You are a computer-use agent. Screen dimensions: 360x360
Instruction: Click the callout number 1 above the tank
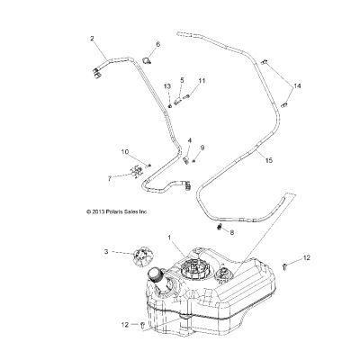click(169, 238)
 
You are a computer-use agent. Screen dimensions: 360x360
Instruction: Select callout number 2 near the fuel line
click(92, 39)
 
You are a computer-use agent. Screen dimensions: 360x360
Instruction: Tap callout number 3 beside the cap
click(106, 252)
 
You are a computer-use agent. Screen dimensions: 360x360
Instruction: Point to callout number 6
click(158, 44)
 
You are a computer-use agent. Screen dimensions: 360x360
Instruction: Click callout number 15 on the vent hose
click(269, 160)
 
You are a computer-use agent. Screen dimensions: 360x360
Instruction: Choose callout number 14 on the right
click(297, 86)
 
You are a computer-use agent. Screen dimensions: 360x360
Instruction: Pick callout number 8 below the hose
click(231, 232)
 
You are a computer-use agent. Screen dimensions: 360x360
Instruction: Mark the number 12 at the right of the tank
click(307, 257)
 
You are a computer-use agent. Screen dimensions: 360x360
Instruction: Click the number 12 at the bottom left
click(125, 325)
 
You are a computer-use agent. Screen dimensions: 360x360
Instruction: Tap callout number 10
click(125, 152)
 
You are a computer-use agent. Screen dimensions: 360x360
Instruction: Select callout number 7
click(110, 179)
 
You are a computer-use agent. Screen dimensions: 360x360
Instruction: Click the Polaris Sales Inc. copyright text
click(117, 211)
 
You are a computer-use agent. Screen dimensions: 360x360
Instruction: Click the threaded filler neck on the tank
click(156, 276)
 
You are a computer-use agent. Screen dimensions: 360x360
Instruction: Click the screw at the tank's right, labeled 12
click(284, 266)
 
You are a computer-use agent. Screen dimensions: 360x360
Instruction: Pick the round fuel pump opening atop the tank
click(194, 268)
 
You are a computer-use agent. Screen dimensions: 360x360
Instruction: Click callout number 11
click(202, 81)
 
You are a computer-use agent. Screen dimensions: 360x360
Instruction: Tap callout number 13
click(167, 86)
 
